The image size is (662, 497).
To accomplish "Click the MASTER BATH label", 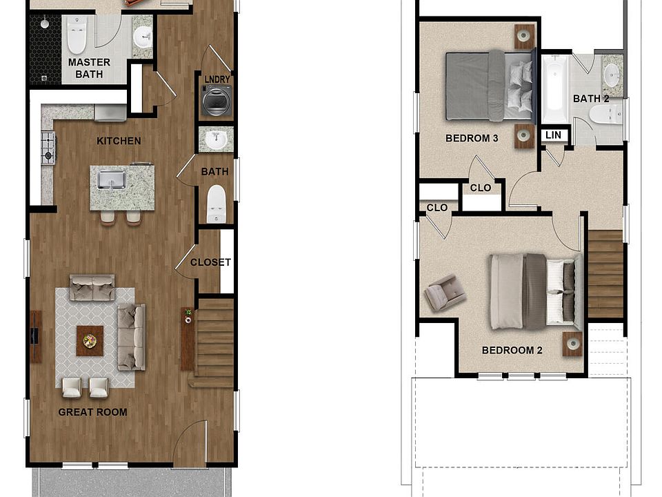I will tap(89, 68).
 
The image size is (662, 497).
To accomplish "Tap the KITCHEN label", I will tap(119, 141).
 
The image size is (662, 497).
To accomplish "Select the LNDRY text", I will tap(217, 79).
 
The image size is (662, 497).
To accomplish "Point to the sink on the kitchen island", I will tap(110, 179).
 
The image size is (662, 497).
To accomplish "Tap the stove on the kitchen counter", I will tap(48, 147).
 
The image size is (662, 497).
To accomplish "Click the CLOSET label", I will tap(210, 262).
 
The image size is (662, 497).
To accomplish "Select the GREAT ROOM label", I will tap(92, 412).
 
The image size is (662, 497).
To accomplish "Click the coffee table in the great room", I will tap(90, 340).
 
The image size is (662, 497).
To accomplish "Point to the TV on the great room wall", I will tap(34, 336).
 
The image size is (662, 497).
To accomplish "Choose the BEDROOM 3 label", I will tap(472, 138).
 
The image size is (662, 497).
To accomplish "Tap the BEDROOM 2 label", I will tap(512, 350).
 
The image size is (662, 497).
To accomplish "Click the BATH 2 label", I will tap(591, 99).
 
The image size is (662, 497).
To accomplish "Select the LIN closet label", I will tap(553, 135).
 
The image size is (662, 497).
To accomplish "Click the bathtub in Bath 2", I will tap(554, 90).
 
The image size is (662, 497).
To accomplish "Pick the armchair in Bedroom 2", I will tap(443, 293).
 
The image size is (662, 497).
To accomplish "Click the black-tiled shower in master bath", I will tap(45, 48).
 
